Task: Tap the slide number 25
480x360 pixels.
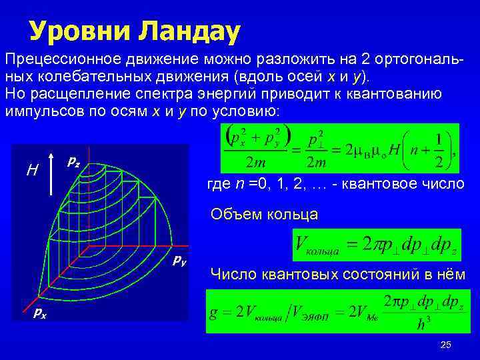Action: [446, 345]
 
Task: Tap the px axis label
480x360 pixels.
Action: [41, 313]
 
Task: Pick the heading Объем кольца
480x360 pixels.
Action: [263, 214]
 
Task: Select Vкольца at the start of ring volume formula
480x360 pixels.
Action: [317, 247]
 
